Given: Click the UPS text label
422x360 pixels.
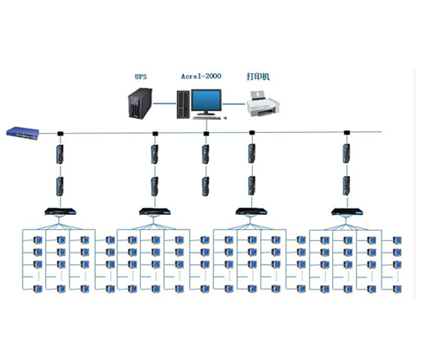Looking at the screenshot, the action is (140, 77).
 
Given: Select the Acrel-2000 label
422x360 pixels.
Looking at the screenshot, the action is (201, 77).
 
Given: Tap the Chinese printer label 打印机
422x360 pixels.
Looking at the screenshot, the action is (258, 77).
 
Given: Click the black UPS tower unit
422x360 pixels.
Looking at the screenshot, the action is (140, 103).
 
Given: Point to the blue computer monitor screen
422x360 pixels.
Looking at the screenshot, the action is (206, 100).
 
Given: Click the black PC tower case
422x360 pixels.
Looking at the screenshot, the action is (183, 105).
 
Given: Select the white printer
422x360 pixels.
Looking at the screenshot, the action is (262, 105).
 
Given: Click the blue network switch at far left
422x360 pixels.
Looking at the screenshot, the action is (23, 133).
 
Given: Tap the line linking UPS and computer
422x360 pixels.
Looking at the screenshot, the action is (165, 103).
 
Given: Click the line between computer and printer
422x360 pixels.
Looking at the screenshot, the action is (233, 104).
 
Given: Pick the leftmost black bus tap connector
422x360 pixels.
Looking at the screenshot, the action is (61, 134).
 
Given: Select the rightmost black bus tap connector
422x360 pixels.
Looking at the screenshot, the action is (347, 133).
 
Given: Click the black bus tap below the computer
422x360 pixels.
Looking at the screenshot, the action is (206, 134).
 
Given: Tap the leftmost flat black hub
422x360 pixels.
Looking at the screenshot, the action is (61, 211).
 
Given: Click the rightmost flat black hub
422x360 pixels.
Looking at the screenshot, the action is (347, 211).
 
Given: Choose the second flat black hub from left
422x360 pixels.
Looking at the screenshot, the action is (155, 211).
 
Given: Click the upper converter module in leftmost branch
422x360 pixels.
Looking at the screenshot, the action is (61, 154).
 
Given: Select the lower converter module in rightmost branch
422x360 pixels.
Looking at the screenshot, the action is (346, 186).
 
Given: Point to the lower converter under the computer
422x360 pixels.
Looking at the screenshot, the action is (206, 187).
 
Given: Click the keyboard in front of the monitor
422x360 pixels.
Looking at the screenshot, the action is (206, 118).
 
